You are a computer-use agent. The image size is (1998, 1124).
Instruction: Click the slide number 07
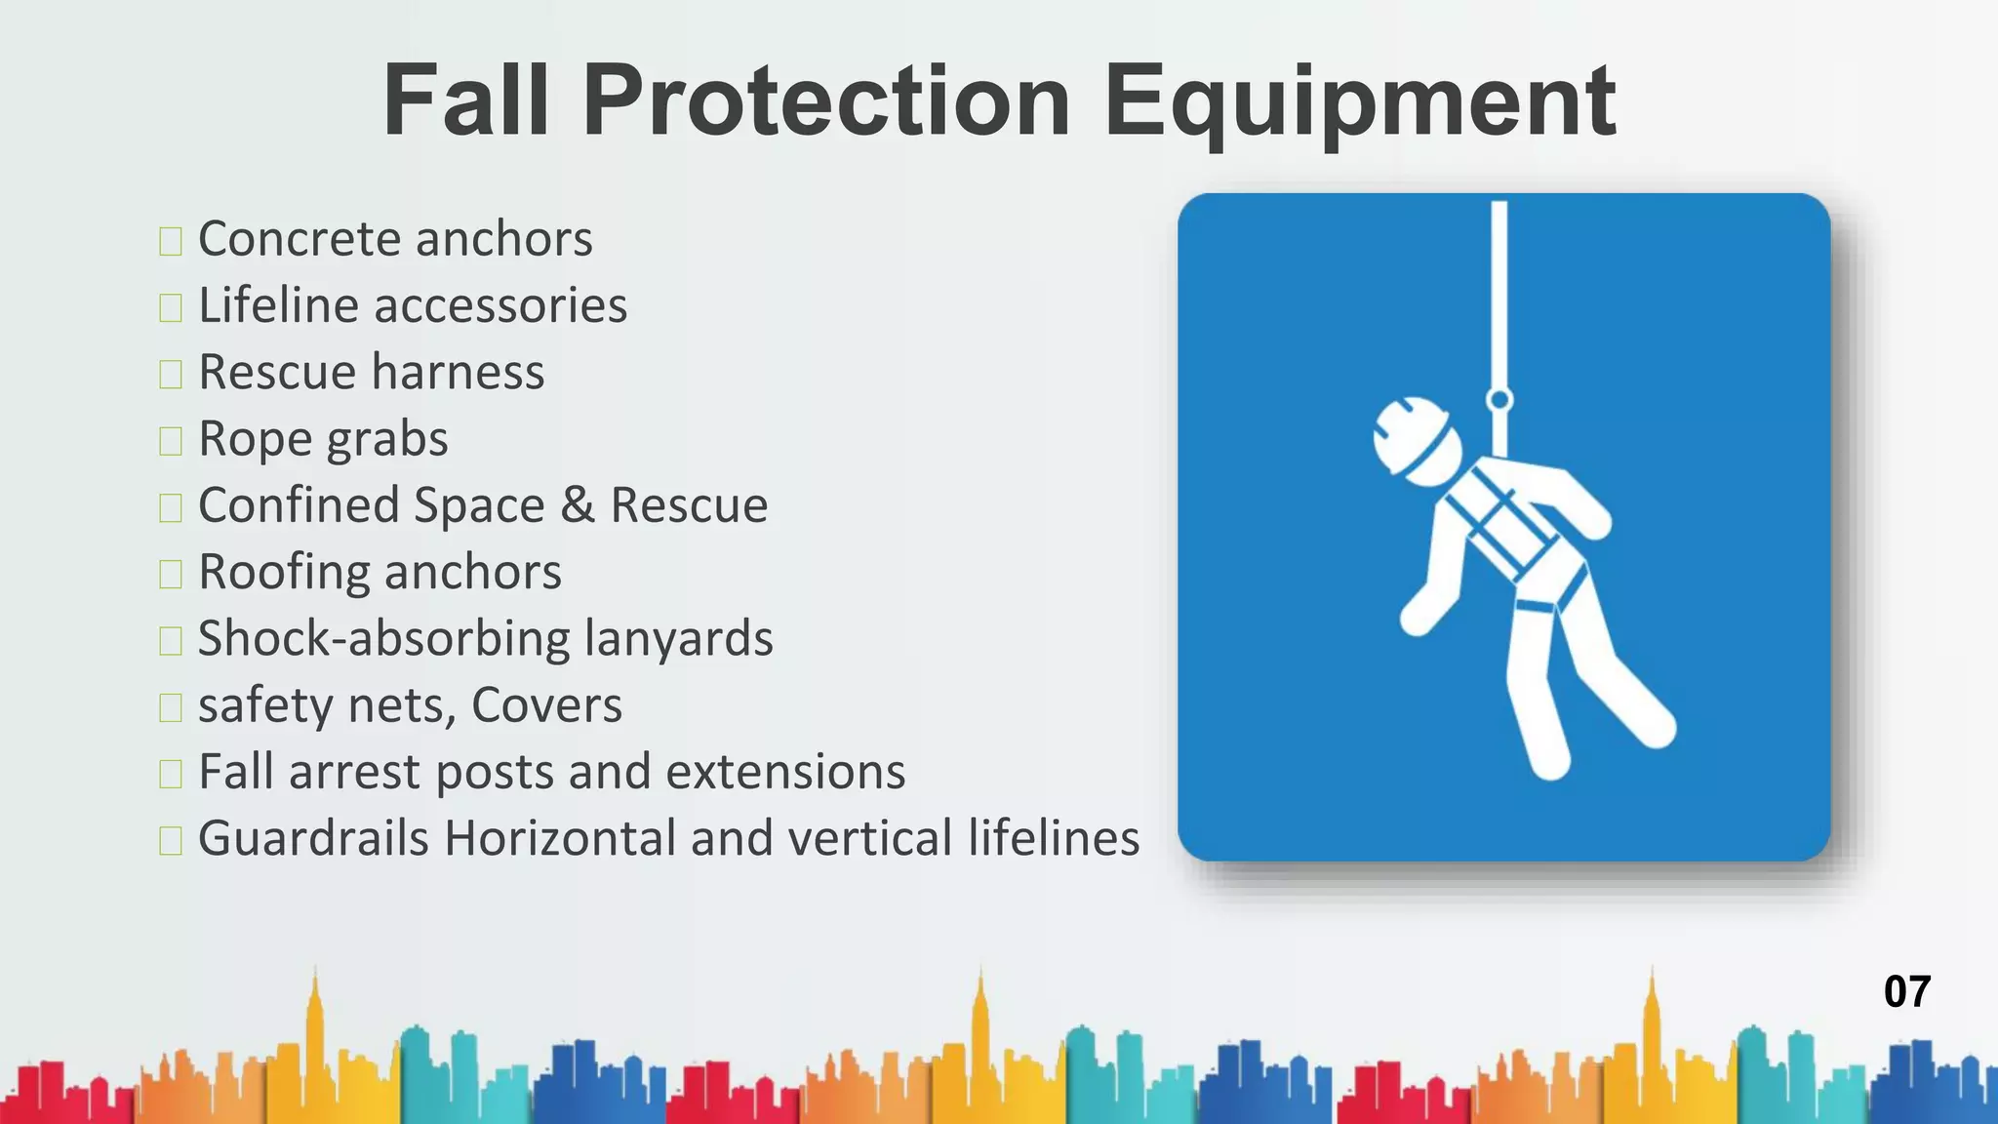click(1906, 991)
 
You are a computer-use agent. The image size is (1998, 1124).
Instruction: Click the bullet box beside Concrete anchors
click(171, 241)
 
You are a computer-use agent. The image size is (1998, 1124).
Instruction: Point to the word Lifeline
click(279, 305)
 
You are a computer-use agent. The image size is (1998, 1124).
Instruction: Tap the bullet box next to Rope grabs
click(171, 441)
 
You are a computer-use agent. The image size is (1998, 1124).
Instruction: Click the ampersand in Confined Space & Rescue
click(578, 505)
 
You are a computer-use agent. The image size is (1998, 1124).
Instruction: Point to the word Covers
click(546, 705)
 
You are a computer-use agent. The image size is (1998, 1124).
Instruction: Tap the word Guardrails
click(313, 838)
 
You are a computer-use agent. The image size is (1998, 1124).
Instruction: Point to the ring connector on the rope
click(1499, 399)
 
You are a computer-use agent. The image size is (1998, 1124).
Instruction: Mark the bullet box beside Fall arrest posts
click(171, 774)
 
